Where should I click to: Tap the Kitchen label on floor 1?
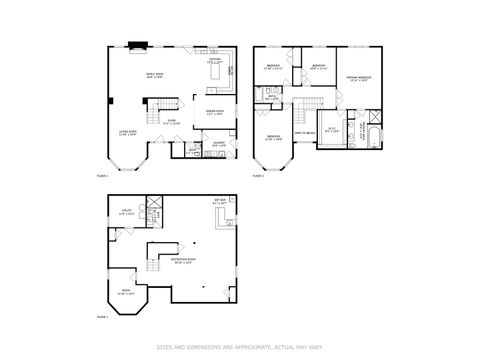[213, 62]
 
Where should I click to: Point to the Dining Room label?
[214, 111]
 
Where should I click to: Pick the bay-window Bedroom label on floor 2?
[273, 138]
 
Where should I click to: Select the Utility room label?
[126, 212]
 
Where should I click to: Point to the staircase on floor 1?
[157, 103]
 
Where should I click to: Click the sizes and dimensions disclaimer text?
[240, 347]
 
